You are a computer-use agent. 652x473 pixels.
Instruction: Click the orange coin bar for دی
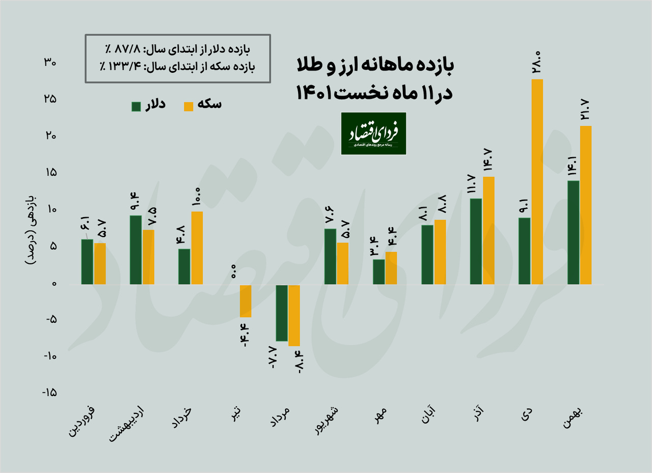(537, 182)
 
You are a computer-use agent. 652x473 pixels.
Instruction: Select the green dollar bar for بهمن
(574, 232)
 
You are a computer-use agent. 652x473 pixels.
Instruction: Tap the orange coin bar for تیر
(246, 300)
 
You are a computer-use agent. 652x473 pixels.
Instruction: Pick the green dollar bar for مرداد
(282, 312)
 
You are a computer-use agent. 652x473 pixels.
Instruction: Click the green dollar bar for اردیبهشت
(136, 249)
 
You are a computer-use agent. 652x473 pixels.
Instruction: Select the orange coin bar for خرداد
(197, 247)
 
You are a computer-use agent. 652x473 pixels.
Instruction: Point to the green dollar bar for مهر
(379, 271)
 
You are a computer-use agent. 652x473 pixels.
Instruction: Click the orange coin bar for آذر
(488, 230)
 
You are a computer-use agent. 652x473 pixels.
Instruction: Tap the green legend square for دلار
(136, 106)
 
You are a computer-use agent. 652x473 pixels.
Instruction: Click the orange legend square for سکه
(189, 106)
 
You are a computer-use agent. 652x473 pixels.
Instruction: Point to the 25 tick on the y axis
(49, 99)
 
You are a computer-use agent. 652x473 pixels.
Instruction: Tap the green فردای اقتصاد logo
(373, 133)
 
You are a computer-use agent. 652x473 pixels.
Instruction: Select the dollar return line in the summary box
(178, 50)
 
